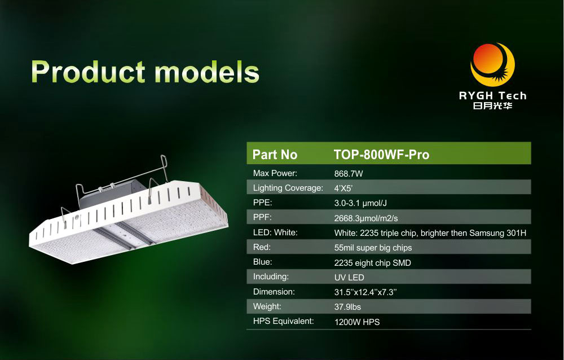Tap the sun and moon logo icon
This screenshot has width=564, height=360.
click(492, 64)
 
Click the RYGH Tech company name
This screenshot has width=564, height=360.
click(492, 95)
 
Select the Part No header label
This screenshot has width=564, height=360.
click(275, 155)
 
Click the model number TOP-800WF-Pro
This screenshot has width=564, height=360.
click(382, 155)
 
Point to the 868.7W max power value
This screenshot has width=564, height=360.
click(349, 174)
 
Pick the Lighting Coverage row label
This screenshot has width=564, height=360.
click(288, 188)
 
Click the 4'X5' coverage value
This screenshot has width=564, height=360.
click(343, 188)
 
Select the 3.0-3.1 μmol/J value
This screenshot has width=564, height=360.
click(360, 203)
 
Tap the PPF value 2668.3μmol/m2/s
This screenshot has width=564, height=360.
click(366, 218)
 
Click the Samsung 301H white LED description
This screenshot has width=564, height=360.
click(430, 233)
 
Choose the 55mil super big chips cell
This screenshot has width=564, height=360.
click(373, 248)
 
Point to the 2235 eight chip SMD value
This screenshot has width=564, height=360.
click(373, 263)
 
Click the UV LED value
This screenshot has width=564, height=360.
click(349, 278)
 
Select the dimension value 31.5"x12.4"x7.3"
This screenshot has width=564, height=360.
click(365, 292)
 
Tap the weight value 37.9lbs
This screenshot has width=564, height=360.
click(347, 307)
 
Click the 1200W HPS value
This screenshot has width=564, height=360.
click(357, 322)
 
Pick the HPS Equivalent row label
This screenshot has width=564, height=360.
click(284, 321)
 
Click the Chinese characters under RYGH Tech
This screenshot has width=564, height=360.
click(492, 106)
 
